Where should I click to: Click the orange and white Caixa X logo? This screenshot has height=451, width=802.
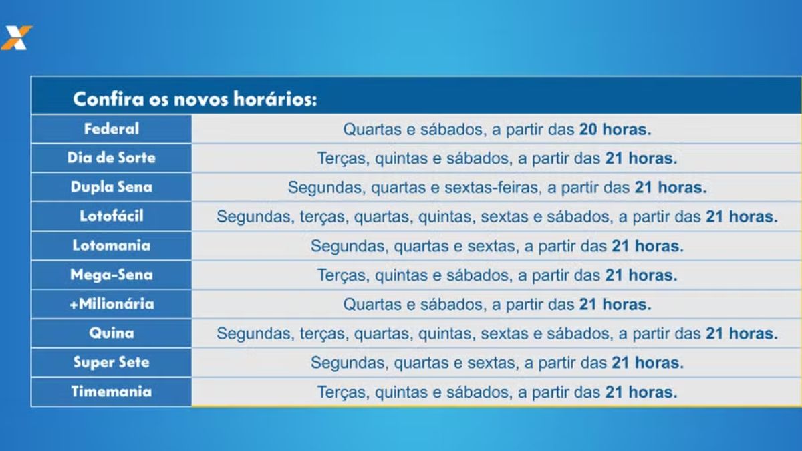pos(16,37)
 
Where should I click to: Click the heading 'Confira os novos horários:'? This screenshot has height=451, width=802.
pos(194,100)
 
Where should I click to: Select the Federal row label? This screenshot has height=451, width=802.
pos(112,128)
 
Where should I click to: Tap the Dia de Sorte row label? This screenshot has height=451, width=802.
pos(112,158)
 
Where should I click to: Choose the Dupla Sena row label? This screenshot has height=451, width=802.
pos(112,187)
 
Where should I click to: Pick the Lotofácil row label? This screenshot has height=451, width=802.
pos(112,216)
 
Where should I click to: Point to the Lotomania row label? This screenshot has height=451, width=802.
pos(112,245)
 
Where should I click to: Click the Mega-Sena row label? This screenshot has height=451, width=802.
pos(112,275)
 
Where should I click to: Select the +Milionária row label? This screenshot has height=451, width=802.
pos(112,304)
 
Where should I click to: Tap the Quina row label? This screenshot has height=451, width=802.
pos(112,333)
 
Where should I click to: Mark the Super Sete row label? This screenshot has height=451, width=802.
pos(112,362)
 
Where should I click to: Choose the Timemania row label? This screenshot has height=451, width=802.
pos(112,392)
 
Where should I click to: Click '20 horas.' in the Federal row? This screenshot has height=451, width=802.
pos(615,130)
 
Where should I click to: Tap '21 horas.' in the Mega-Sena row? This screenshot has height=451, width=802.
pos(641,275)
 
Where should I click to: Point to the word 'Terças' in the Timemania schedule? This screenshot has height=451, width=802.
pos(342,392)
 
